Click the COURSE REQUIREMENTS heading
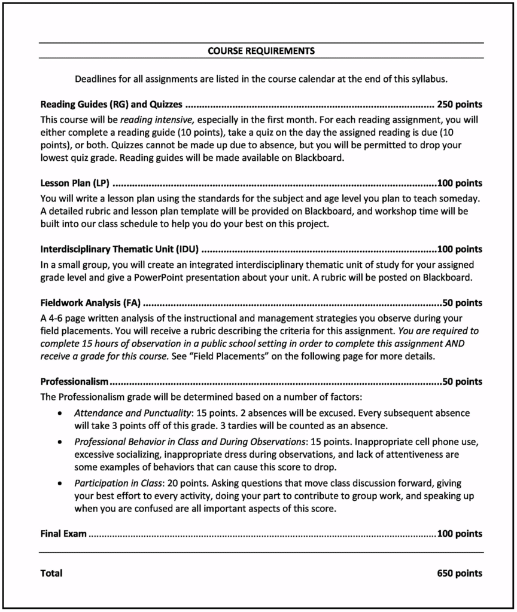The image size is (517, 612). click(x=261, y=51)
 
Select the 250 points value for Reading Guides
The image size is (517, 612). click(x=460, y=103)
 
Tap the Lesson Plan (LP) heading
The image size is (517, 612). click(x=75, y=183)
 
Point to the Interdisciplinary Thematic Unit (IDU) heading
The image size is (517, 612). click(x=119, y=249)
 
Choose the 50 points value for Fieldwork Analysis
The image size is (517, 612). click(x=462, y=303)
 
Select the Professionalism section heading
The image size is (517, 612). click(x=74, y=381)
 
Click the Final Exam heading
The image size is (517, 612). click(x=63, y=533)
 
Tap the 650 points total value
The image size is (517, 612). click(x=460, y=573)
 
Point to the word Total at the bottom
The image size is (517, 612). click(x=51, y=573)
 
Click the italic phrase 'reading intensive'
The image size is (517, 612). click(x=158, y=120)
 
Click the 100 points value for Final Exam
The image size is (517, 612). click(x=460, y=533)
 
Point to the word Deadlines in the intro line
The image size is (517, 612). click(x=95, y=78)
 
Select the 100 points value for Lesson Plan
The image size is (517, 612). click(x=460, y=183)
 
